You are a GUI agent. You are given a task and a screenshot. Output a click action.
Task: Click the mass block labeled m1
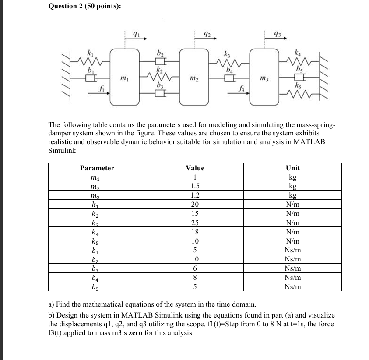[x=124, y=77]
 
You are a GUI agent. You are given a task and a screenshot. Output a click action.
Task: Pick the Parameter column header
[x=97, y=168]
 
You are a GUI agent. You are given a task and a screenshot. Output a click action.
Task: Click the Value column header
[x=195, y=168]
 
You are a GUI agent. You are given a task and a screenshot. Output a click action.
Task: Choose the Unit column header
[x=292, y=168]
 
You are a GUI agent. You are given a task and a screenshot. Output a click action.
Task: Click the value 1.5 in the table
[x=195, y=186]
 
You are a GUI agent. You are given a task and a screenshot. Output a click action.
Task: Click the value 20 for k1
[x=195, y=205]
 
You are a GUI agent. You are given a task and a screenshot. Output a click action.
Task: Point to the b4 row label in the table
[x=94, y=278]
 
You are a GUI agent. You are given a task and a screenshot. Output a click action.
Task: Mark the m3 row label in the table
[x=94, y=196]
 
